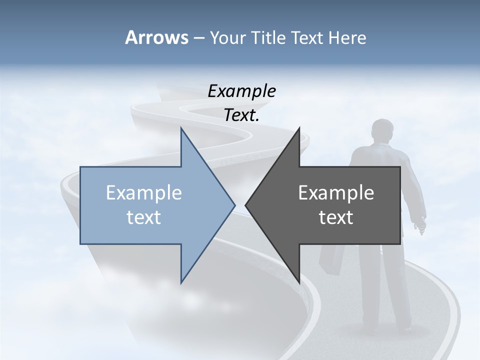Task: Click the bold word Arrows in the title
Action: pos(156,37)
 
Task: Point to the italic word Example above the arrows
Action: pos(241,91)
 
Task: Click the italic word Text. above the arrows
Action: pos(241,115)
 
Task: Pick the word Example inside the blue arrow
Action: pos(144,192)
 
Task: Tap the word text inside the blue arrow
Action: pos(144,217)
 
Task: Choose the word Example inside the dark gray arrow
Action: pos(336,192)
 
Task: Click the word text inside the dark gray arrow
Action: pos(336,217)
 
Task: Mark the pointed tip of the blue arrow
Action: pos(234,205)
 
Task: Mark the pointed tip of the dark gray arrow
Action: pos(246,205)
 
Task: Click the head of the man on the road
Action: pos(382,131)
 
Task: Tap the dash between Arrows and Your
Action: pos(198,38)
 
